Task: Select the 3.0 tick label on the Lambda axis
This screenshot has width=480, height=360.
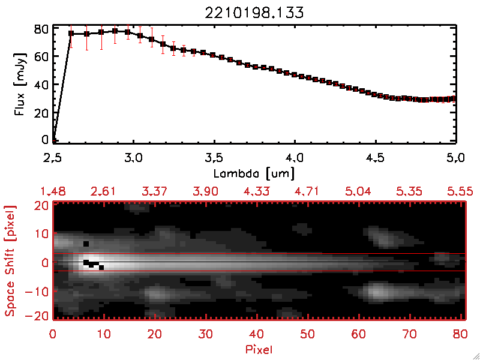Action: tap(133, 158)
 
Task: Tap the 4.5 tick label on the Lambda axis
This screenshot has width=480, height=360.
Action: tap(375, 158)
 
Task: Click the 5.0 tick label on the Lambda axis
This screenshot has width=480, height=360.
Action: tap(455, 158)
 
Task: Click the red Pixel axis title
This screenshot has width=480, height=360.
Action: tap(259, 348)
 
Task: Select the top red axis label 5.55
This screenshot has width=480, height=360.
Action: tap(460, 191)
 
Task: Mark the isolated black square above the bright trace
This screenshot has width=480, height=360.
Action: tap(86, 244)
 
